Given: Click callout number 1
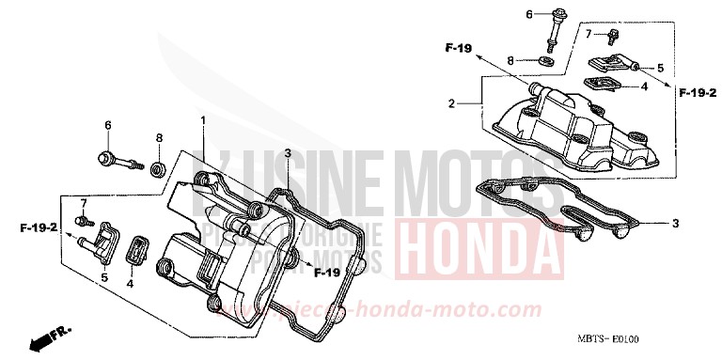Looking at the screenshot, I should click(202, 119).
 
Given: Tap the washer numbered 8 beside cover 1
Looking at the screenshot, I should click(159, 169).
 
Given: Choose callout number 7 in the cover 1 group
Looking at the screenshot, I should click(82, 202).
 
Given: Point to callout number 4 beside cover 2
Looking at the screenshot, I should click(644, 86).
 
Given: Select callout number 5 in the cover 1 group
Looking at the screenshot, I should click(103, 277).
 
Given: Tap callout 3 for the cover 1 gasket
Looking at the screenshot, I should click(288, 152).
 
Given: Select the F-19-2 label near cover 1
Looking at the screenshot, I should click(39, 227).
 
